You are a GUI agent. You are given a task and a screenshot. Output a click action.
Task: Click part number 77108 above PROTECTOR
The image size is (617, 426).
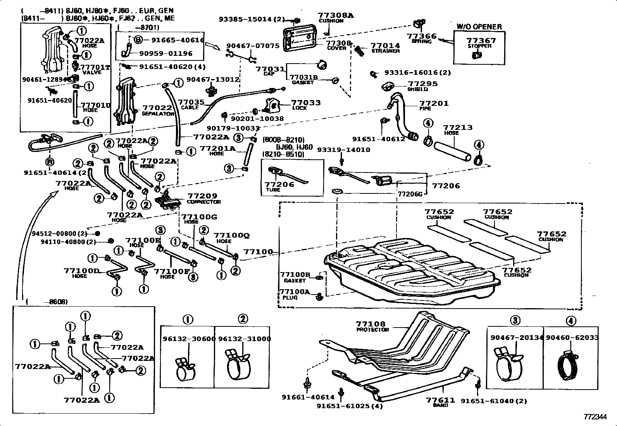pos(371,324)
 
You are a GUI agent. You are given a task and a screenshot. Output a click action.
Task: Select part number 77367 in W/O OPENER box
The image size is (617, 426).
pos(481,40)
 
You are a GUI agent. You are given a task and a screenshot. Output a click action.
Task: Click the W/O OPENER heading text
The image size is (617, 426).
pos(479,27)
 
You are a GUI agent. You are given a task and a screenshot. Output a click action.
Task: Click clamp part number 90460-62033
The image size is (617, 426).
pos(572,338)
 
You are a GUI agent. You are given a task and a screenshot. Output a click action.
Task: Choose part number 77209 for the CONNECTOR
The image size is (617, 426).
pos(202,196)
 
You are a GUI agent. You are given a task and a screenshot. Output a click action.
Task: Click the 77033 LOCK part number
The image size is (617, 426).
pos(306,103)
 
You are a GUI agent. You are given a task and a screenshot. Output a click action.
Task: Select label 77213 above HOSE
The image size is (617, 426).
pos(457,127)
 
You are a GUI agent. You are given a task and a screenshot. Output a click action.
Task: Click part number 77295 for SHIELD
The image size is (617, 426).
pos(422,83)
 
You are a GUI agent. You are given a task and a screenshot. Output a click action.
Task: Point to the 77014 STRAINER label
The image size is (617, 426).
pos(385,45)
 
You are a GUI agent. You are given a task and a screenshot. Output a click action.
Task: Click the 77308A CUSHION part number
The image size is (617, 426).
pos(336,15)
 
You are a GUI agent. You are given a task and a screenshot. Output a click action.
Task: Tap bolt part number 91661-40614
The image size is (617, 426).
pos(308,397)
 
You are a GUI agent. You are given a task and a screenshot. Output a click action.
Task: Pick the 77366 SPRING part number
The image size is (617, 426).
pos(422,36)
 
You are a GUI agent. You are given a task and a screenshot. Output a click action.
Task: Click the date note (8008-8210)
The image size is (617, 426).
pos(283,140)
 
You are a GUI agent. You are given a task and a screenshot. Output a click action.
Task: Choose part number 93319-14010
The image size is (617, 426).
pos(343,150)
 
